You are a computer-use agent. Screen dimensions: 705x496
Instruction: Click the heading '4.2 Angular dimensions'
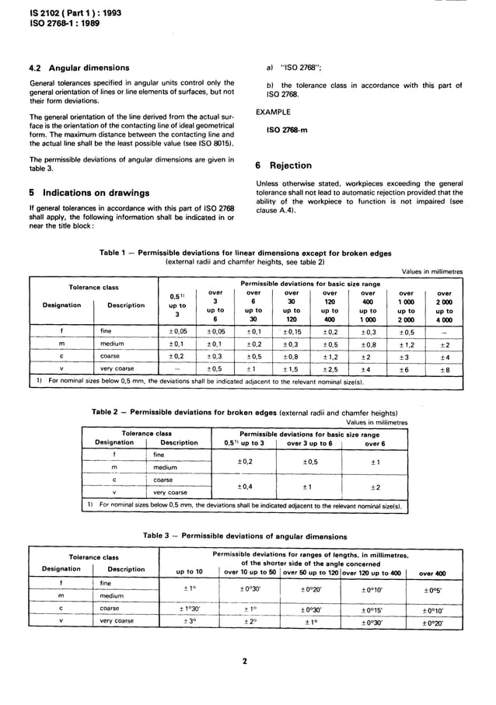79,68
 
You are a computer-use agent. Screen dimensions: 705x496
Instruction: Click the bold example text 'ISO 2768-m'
286,129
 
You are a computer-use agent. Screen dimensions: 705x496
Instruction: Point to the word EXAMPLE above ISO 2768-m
274,113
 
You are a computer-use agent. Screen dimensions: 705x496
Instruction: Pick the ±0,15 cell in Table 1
292,331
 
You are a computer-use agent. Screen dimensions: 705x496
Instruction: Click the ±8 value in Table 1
445,370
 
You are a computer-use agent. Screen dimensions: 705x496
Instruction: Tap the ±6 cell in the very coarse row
407,370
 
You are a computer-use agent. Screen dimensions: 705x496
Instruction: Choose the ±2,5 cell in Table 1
330,370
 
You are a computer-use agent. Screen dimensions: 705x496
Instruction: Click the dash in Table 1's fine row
445,331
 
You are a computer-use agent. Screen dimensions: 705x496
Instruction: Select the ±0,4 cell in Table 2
246,486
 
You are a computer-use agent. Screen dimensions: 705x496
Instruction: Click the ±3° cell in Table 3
187,622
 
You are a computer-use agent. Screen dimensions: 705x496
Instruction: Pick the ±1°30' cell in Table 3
187,609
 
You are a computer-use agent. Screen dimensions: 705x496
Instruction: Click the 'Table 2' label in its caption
107,412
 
